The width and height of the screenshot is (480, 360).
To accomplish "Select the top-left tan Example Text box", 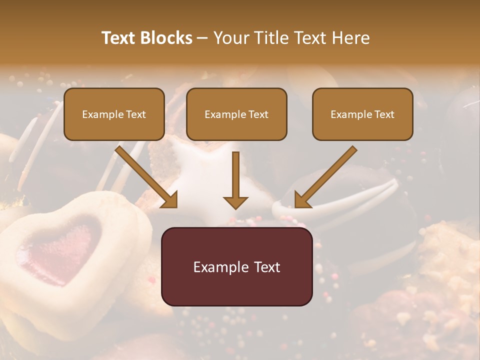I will point(114,114).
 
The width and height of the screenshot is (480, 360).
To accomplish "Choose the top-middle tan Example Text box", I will point(236,114).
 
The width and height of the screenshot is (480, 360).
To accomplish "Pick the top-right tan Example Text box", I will point(362,114).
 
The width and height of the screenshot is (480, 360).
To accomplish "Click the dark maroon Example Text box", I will point(236,266).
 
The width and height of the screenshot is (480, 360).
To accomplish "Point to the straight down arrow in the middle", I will point(235,180).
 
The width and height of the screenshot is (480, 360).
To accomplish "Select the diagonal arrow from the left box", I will point(145,175).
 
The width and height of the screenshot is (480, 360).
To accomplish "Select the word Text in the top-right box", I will point(384,114).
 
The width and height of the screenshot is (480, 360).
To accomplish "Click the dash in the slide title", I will point(202,38).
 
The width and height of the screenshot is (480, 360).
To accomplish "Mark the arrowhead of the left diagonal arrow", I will point(170,200).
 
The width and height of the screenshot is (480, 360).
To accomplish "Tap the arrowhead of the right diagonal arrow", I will point(302,200).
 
